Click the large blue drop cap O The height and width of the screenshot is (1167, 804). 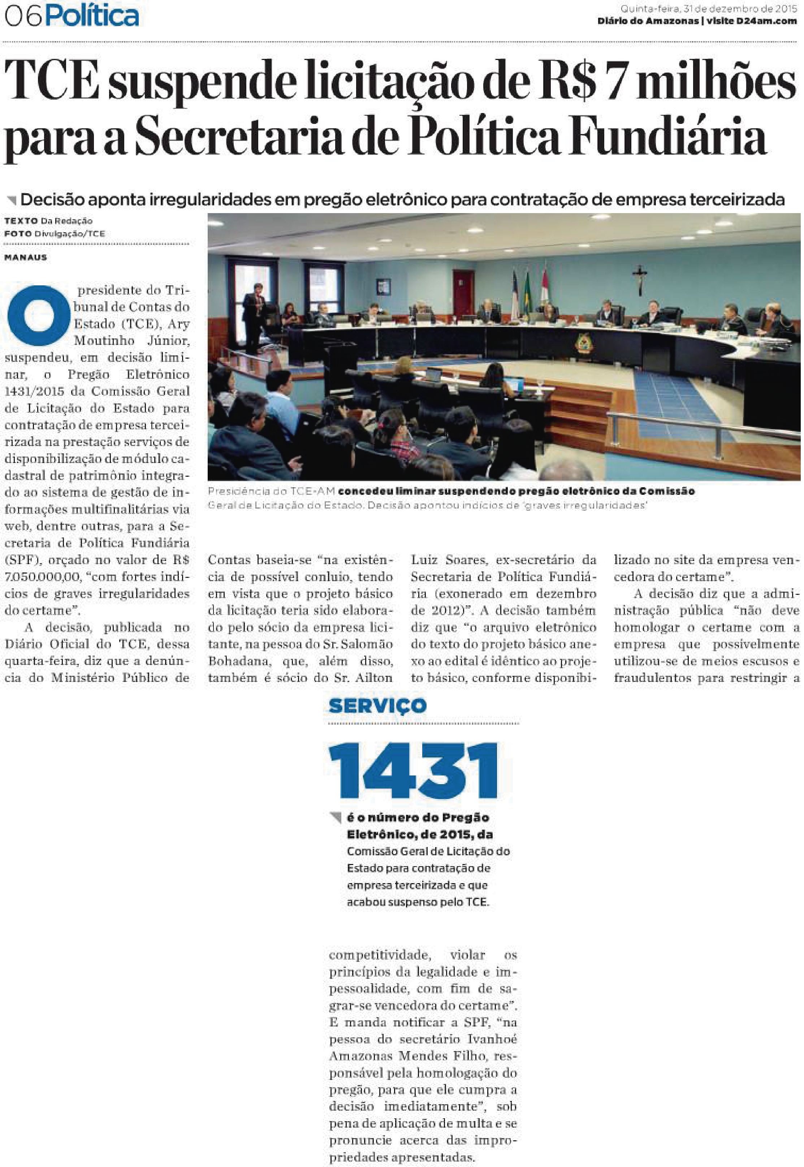39,315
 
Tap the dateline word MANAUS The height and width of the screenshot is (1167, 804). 26,258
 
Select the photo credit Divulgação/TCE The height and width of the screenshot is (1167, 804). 69,234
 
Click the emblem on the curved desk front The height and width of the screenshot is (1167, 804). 584,344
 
